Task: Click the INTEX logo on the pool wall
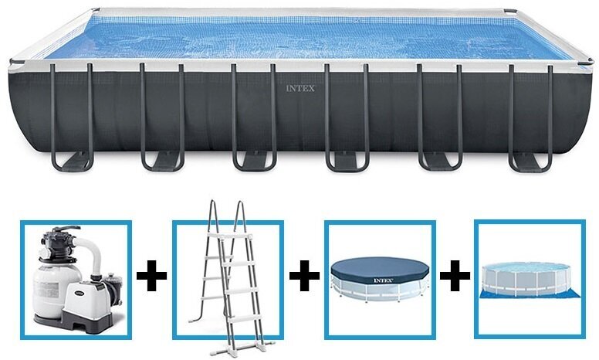301,89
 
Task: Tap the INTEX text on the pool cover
383,279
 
